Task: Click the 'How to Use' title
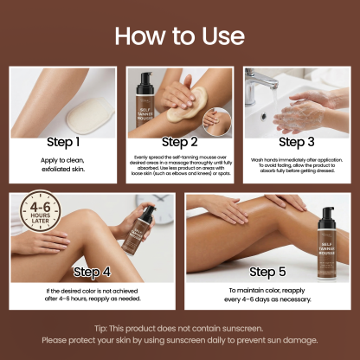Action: pyautogui.click(x=180, y=36)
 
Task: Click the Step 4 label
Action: pyautogui.click(x=93, y=271)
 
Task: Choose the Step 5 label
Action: pyautogui.click(x=267, y=271)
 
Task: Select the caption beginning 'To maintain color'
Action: pyautogui.click(x=267, y=295)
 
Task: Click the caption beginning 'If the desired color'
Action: pyautogui.click(x=93, y=294)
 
